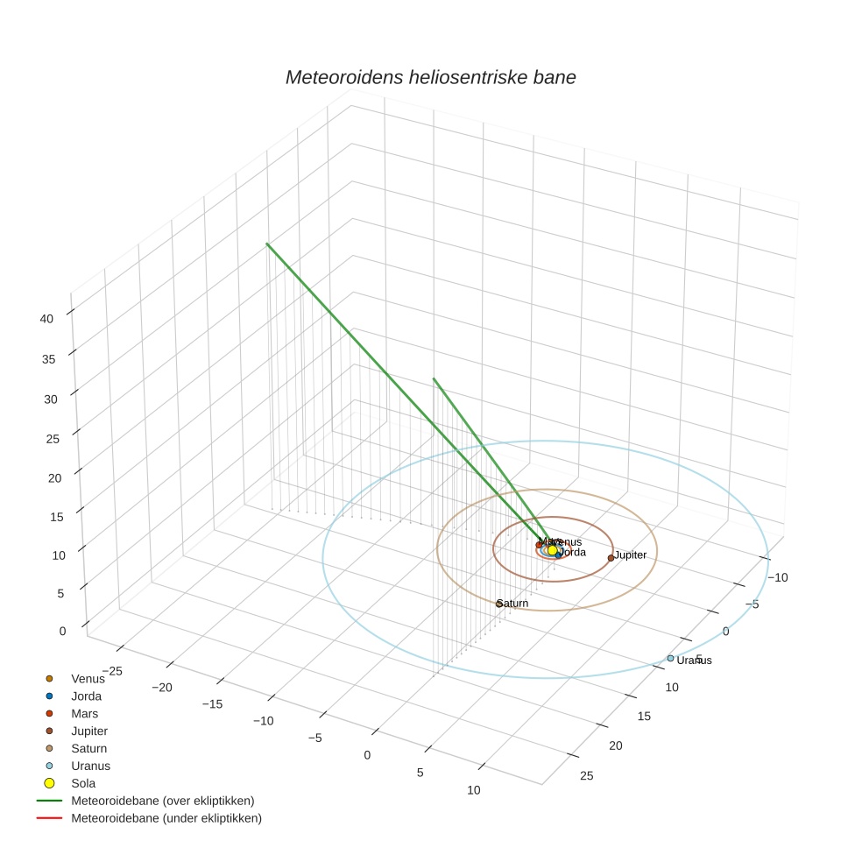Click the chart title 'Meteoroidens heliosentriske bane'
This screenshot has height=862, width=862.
click(430, 77)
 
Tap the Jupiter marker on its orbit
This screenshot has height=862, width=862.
click(611, 558)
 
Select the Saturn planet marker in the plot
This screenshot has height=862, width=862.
click(499, 604)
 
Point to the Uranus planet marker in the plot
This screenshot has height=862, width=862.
click(670, 658)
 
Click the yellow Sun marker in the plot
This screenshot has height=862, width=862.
click(552, 550)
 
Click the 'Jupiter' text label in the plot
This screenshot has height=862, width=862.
click(631, 555)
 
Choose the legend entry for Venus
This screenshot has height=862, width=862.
click(88, 679)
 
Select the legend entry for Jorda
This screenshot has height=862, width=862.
click(86, 696)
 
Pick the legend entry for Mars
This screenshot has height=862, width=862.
click(85, 714)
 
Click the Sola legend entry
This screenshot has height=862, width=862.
click(83, 783)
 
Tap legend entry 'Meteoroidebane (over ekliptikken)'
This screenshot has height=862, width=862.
click(163, 801)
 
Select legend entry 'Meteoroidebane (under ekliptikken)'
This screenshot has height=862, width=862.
click(166, 818)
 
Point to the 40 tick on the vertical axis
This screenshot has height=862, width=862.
click(46, 319)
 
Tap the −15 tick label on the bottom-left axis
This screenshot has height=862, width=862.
click(214, 703)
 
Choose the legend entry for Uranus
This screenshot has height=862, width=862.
click(90, 766)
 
